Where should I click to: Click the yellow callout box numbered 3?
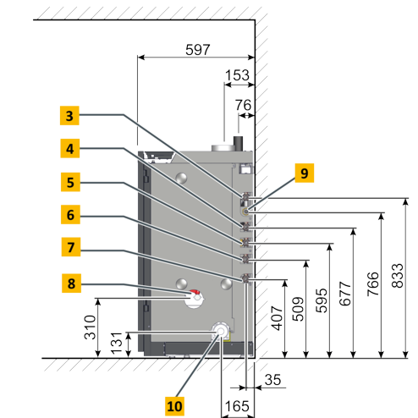pos(69,116)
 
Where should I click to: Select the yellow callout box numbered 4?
pos(70,148)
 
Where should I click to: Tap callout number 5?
pos(70,182)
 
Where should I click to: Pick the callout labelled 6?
pos(70,215)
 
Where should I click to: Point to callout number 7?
pos(71,247)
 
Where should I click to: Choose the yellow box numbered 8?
pos(71,283)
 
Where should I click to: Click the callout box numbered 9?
pos(305,173)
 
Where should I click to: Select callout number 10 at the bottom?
pos(174,406)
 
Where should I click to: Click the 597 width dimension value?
pos(198,50)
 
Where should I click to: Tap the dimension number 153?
pos(237,75)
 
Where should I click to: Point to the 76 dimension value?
pos(243,105)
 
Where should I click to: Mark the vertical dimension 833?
pos(398,276)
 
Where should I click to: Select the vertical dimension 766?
pos(373,283)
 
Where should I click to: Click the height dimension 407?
pos(277,318)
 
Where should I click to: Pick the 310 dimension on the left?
pos(91,327)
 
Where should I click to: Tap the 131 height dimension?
pos(116,343)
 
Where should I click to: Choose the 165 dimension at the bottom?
pos(237,406)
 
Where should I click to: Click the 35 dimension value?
pos(272,380)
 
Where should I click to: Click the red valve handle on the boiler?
pos(195,292)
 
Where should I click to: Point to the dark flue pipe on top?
pos(238,144)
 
